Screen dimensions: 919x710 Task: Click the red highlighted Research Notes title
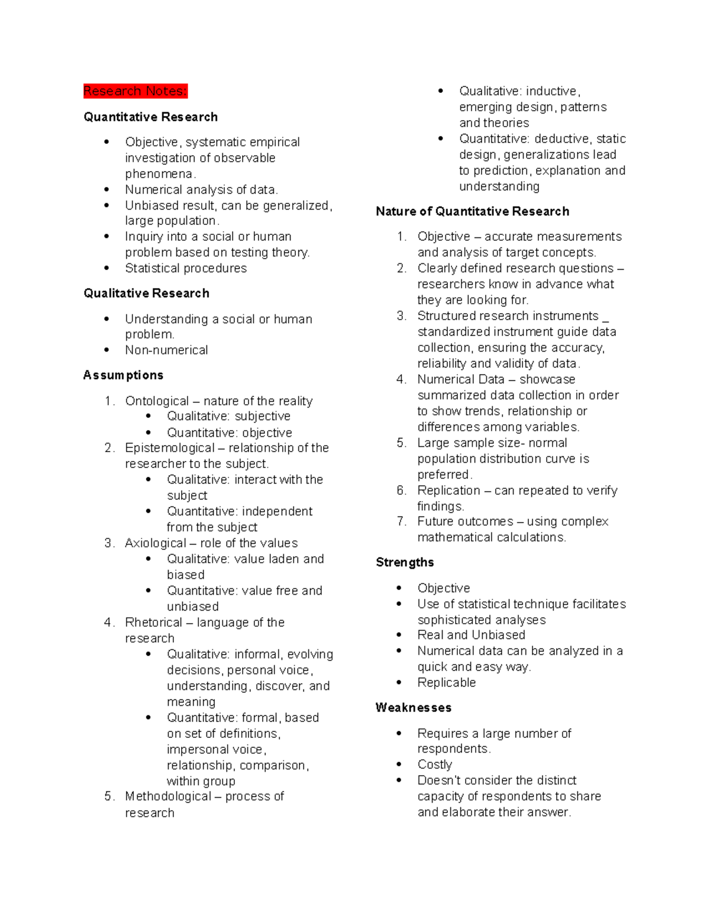(x=135, y=91)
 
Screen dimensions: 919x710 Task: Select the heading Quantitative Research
(x=150, y=117)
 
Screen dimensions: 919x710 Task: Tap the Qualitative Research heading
(x=146, y=294)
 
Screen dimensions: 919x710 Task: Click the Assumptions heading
(x=123, y=375)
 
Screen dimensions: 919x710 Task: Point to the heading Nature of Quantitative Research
(x=472, y=212)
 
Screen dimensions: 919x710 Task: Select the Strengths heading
(x=405, y=563)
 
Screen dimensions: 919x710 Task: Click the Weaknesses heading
(x=413, y=708)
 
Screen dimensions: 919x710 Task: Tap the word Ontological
(x=157, y=401)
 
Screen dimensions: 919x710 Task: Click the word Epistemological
(x=170, y=448)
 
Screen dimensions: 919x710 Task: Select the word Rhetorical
(x=153, y=623)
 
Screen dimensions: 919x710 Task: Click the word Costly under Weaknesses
(x=434, y=765)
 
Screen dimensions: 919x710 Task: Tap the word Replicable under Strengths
(x=446, y=683)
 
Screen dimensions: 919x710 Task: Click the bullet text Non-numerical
(x=166, y=350)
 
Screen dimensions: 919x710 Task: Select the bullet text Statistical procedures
(x=186, y=269)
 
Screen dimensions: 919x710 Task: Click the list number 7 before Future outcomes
(x=401, y=521)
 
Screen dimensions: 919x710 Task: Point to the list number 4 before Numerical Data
(x=401, y=379)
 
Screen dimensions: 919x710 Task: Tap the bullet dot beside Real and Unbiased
(x=399, y=635)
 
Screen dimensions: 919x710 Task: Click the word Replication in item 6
(x=448, y=491)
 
